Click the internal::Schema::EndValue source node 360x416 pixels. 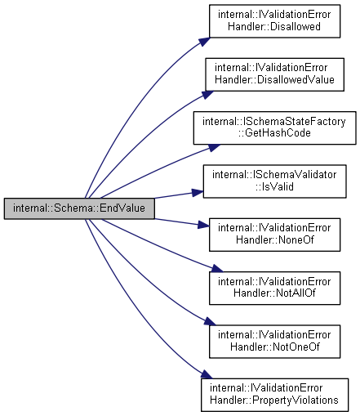tap(79, 208)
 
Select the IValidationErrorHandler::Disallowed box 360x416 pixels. tap(274, 21)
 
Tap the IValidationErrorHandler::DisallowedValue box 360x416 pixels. tap(274, 74)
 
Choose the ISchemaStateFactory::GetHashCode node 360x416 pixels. tap(274, 127)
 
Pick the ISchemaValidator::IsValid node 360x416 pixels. tap(274, 181)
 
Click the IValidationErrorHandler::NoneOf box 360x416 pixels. tap(274, 235)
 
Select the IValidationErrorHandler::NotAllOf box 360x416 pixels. tap(274, 288)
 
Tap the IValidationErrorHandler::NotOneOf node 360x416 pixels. tap(274, 342)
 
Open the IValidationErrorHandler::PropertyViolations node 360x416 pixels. tap(274, 395)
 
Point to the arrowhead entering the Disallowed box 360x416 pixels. tap(205, 42)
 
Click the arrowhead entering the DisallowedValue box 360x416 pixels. tap(207, 95)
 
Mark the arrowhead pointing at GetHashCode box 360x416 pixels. tap(214, 148)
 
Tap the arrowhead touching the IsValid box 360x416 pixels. tap(198, 193)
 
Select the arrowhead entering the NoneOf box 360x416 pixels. tap(203, 225)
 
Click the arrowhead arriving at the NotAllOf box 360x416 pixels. tap(217, 269)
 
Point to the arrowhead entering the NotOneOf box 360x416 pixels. tap(210, 321)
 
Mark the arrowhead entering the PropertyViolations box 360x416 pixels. tap(207, 374)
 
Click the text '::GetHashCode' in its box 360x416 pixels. tap(274, 133)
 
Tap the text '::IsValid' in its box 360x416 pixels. tap(274, 186)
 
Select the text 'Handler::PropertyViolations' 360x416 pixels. tap(274, 400)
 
